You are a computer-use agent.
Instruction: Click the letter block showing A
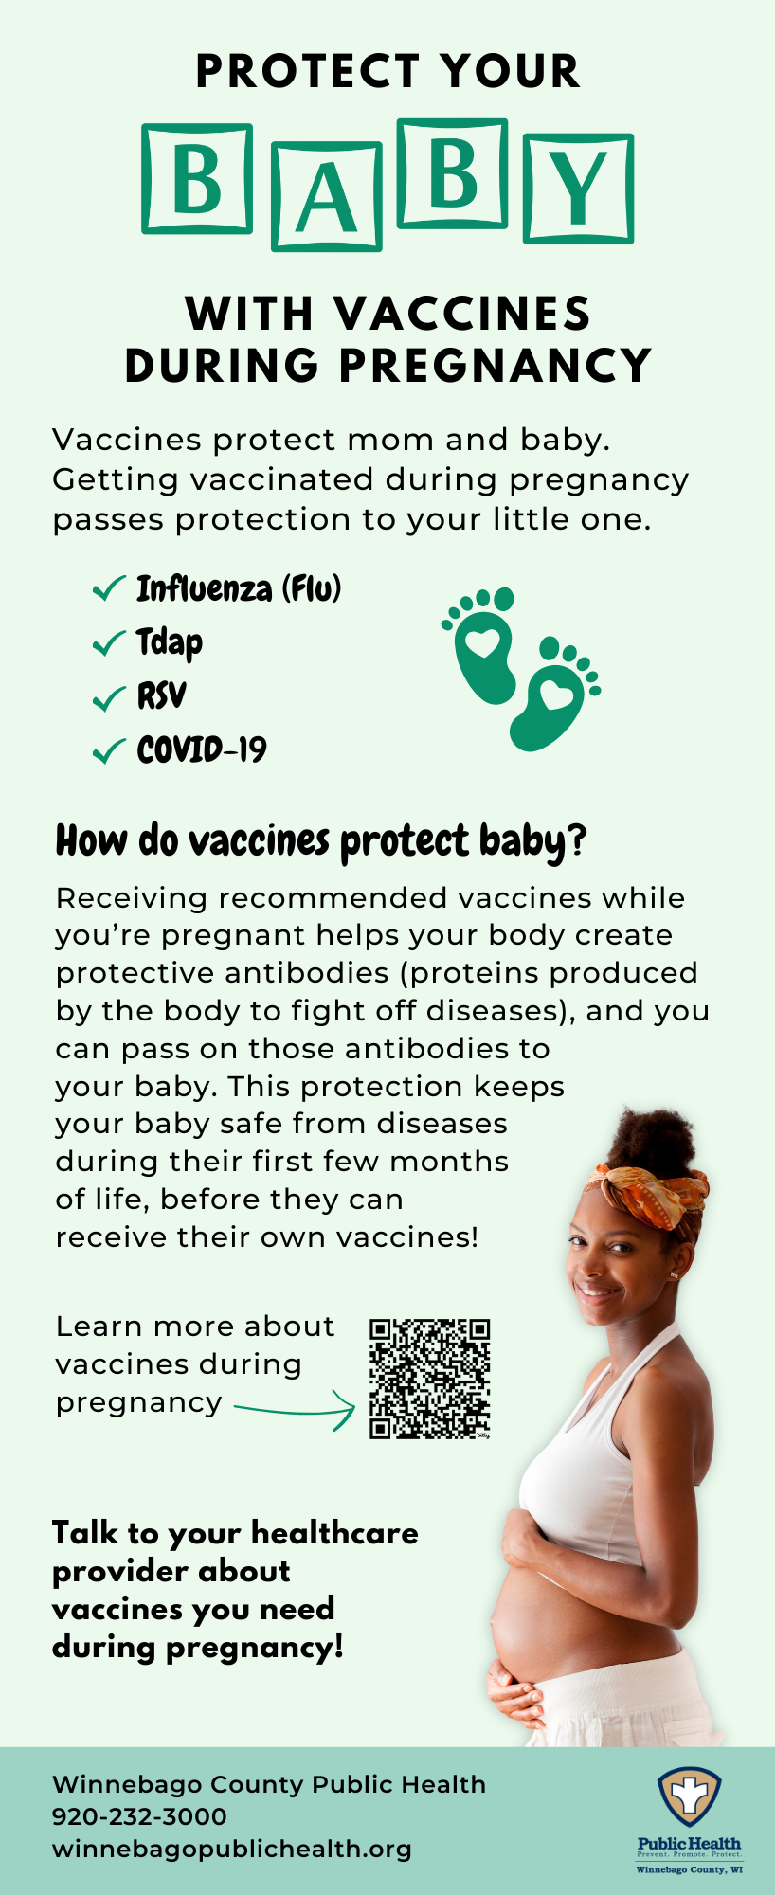click(x=327, y=196)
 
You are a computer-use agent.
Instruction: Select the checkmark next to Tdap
click(x=109, y=643)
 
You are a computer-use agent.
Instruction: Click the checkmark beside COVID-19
click(x=109, y=751)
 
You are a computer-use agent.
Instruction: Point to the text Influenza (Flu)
click(x=239, y=588)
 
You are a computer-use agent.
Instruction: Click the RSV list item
click(x=161, y=696)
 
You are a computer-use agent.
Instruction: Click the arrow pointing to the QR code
click(x=295, y=1412)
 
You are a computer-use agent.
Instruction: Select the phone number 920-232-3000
click(x=139, y=1816)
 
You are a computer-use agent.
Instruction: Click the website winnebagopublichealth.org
click(x=232, y=1850)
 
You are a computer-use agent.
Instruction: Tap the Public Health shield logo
click(x=690, y=1796)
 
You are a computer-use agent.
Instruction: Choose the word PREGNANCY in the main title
click(x=496, y=366)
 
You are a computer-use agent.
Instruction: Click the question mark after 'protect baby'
click(x=577, y=839)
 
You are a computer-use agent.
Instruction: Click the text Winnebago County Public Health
click(x=269, y=1784)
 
